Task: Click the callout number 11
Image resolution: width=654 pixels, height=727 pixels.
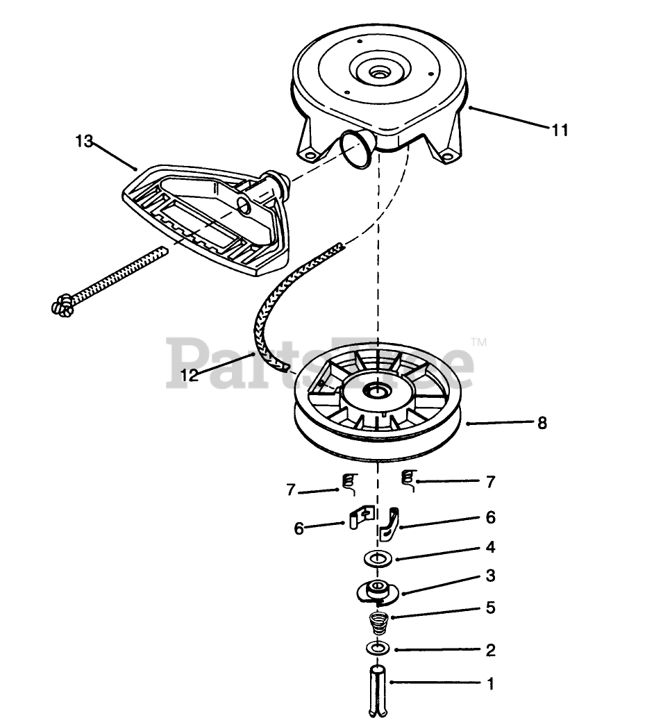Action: click(560, 130)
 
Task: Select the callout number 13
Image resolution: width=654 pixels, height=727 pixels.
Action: click(84, 141)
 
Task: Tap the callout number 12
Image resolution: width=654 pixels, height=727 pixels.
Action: click(190, 375)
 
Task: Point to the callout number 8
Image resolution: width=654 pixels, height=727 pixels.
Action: click(542, 422)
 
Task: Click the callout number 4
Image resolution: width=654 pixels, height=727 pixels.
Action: click(490, 547)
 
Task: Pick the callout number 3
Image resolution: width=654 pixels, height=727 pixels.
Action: click(490, 576)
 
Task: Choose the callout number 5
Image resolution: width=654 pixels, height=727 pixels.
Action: click(490, 608)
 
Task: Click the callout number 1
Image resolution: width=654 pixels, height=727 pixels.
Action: click(490, 683)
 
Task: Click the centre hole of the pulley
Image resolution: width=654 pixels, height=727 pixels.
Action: click(378, 391)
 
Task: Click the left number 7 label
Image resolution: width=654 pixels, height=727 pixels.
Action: click(292, 490)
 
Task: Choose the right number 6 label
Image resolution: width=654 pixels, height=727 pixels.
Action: click(490, 517)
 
